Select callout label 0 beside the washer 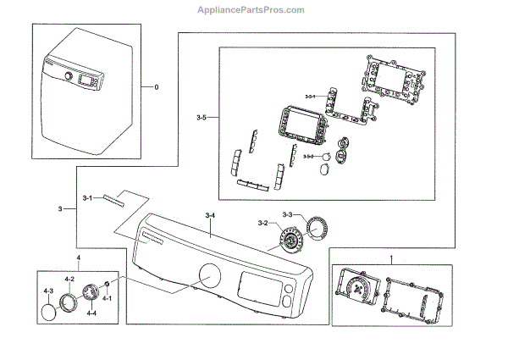(x=156, y=87)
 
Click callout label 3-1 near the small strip (x=87, y=197)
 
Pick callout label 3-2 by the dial (x=262, y=223)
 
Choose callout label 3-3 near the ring (x=288, y=214)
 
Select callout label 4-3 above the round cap (x=48, y=291)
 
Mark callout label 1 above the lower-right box (x=391, y=256)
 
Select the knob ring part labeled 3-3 (x=316, y=229)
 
